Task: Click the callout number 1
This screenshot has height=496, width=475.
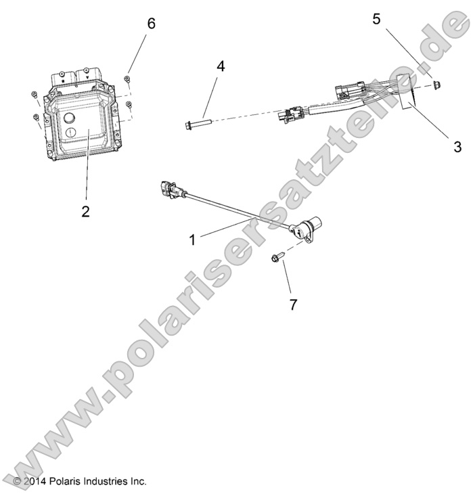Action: pos(193,239)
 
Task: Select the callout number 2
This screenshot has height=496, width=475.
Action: pos(85,210)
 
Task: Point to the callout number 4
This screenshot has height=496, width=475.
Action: pos(221,66)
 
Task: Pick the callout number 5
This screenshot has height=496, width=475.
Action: pos(376,20)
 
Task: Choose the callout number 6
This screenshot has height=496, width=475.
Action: pos(151,24)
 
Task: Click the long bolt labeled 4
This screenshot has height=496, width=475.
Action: pos(197,123)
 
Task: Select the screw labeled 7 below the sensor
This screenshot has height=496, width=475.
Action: pos(277,257)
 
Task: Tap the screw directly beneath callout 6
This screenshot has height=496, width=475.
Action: pos(127,80)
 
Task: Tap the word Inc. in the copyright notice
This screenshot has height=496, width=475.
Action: pos(137,482)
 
